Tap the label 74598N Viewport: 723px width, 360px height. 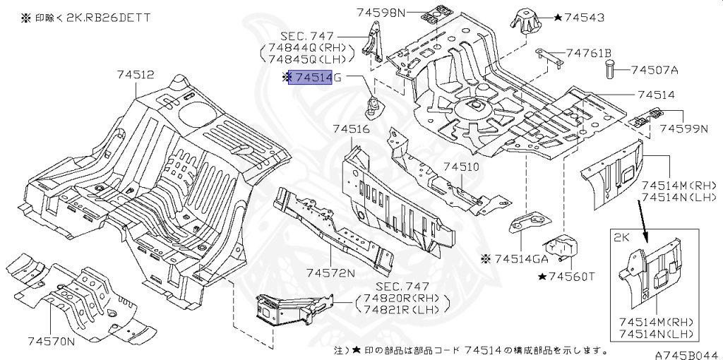point(381,13)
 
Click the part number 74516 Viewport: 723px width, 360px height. point(351,129)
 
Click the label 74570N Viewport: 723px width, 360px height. point(52,342)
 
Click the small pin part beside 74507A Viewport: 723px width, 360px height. point(611,70)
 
